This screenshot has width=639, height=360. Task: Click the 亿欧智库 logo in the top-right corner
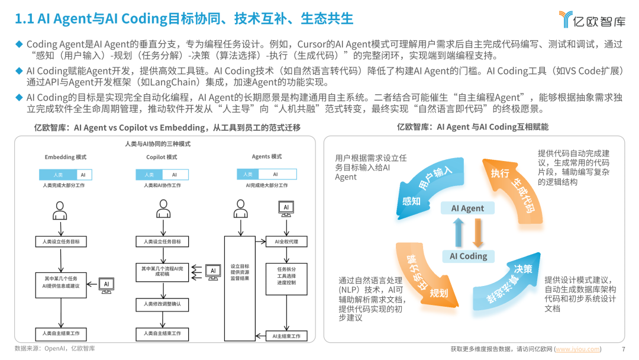pos(592,20)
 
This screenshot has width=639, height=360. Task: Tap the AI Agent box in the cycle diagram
pos(467,208)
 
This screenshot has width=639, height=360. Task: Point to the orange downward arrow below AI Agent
pos(478,233)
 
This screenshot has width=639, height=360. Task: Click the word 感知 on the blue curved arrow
pos(411,201)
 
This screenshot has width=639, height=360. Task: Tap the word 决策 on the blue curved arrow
pos(523,269)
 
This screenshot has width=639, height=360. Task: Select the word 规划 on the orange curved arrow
pos(438,292)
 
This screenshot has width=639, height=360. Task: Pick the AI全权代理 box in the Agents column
pos(286,242)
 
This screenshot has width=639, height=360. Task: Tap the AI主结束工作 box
pos(286,336)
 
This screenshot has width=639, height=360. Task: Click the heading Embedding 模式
pos(66,157)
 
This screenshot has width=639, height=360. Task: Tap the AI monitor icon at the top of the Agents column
pos(286,208)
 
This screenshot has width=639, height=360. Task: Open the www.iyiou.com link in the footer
pos(577,349)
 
